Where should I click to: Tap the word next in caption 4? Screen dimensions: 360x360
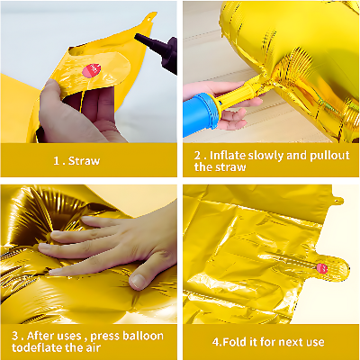(292, 342)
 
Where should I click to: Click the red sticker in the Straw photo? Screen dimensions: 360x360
(88, 68)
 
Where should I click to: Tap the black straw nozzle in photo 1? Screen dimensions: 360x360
(148, 42)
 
